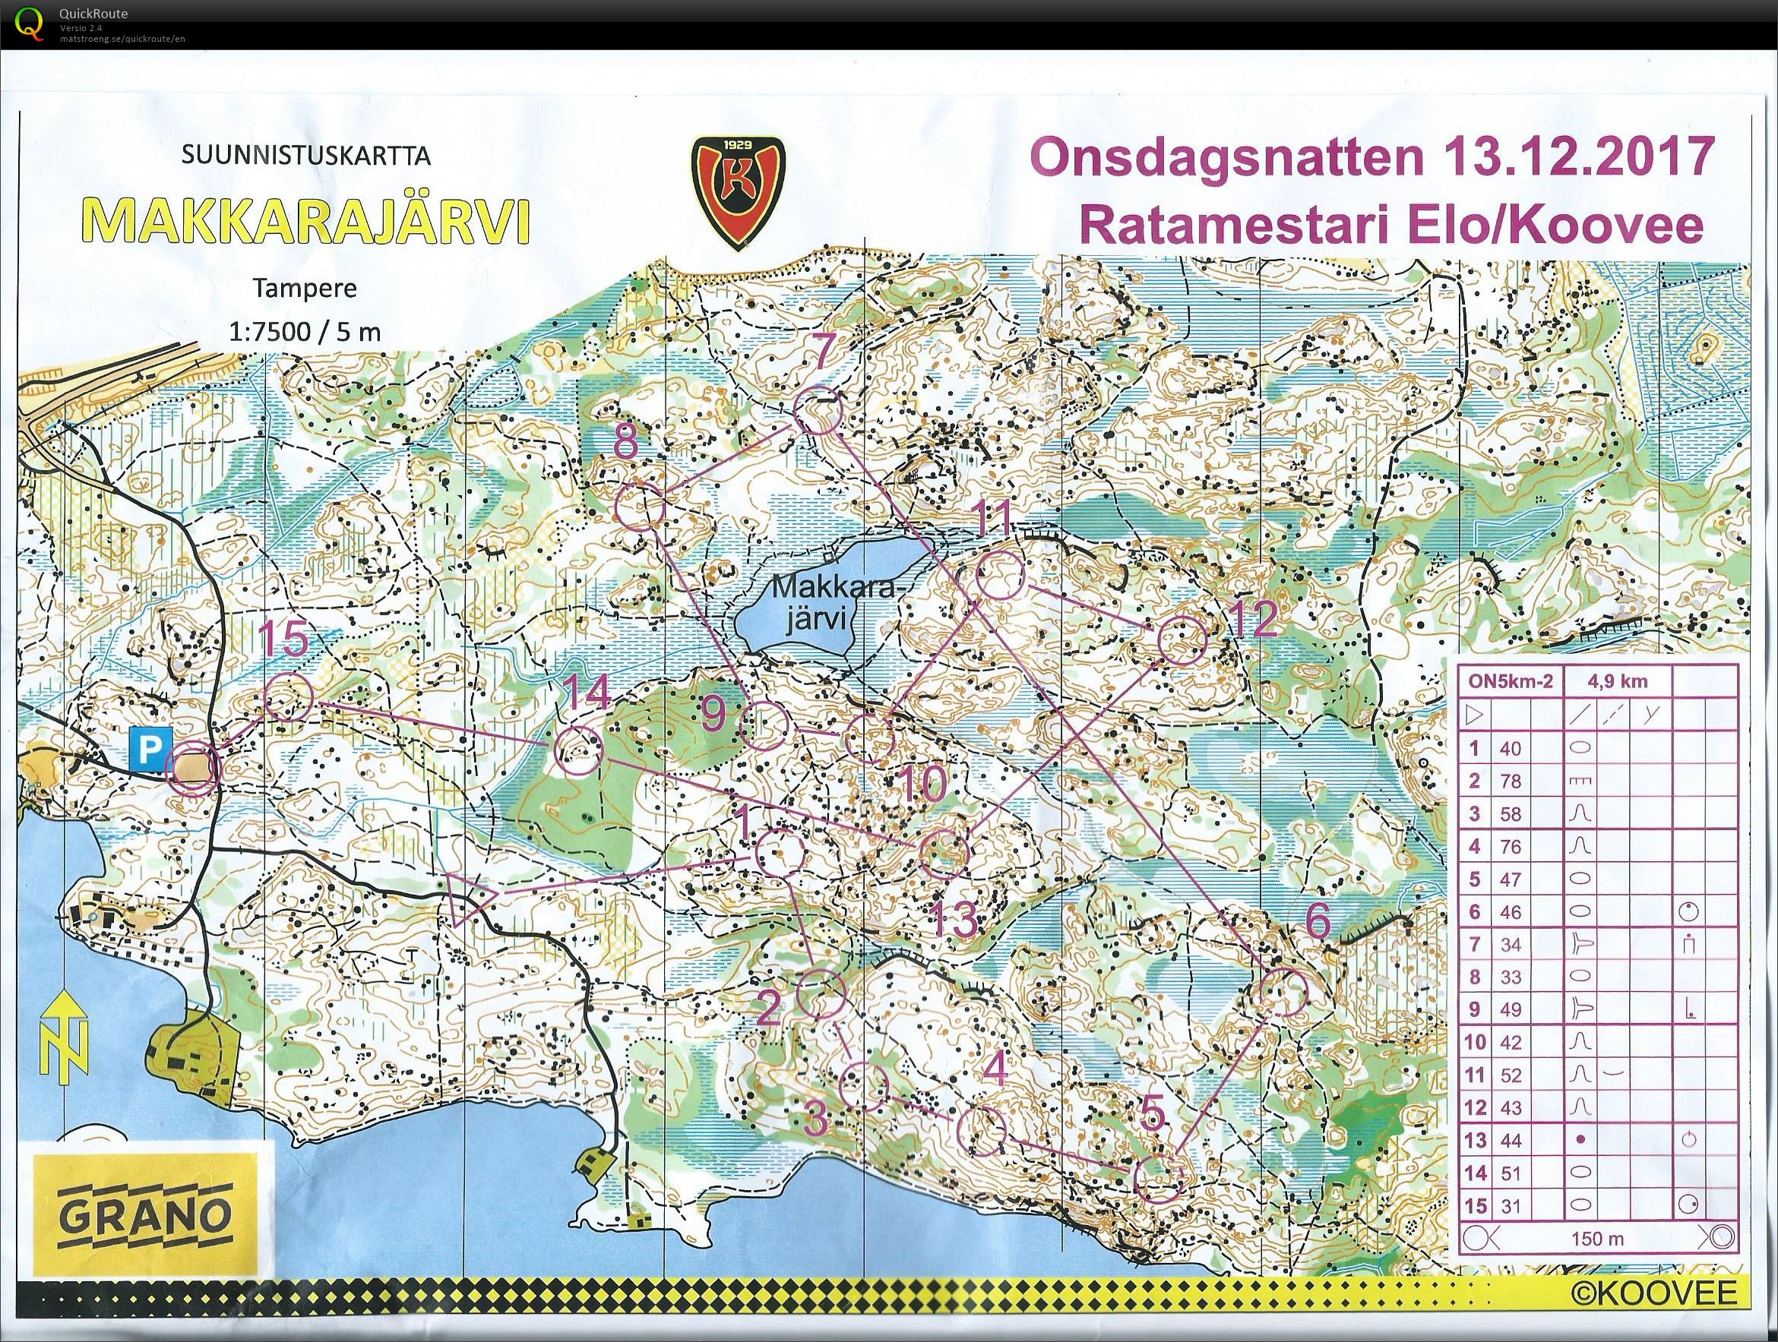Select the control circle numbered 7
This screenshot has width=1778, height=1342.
(818, 411)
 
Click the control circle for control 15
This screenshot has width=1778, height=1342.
(287, 696)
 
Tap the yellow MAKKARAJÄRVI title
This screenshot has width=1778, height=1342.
(306, 220)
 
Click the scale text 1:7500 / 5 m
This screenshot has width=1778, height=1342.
(305, 332)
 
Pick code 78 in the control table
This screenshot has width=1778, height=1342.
(1511, 781)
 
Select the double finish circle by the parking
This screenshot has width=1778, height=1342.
(192, 769)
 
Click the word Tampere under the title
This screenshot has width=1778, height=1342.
(305, 289)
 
